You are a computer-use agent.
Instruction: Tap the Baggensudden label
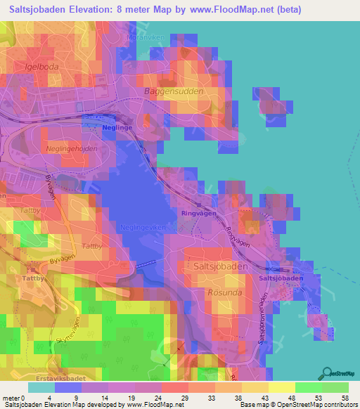coord(173,91)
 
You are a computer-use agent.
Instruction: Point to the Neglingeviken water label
coord(142,227)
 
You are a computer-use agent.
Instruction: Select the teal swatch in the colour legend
coord(41,387)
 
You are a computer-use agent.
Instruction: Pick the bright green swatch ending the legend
coord(335,387)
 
